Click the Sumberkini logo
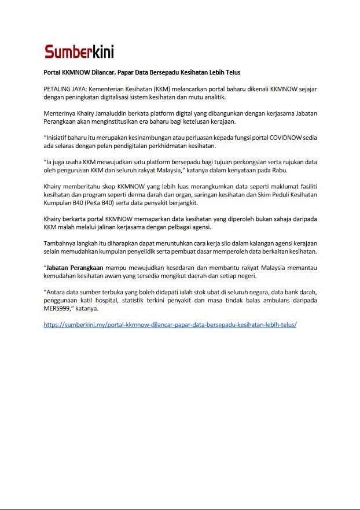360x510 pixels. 79,52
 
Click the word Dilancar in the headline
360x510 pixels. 104,72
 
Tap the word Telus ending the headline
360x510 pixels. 232,72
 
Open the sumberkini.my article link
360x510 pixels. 170,324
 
